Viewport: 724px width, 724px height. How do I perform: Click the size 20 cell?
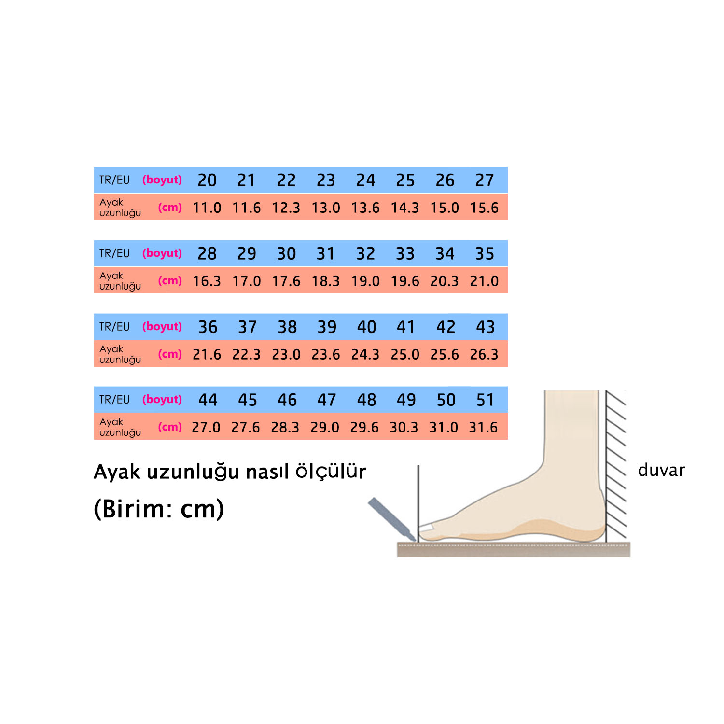(207, 181)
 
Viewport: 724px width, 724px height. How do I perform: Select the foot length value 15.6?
(484, 208)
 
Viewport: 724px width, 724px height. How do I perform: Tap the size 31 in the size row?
(326, 254)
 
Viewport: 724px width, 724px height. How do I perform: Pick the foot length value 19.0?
(365, 281)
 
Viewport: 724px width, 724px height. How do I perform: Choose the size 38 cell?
(287, 327)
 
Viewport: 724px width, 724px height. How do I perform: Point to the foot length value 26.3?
(484, 355)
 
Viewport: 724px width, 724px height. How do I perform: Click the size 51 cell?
(485, 400)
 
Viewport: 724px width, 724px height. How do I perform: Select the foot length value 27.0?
(206, 428)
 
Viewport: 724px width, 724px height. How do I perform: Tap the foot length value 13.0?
(326, 208)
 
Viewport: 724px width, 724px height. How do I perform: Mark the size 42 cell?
(446, 327)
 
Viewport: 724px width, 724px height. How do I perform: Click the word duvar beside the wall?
(661, 470)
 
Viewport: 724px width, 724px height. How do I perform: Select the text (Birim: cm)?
(159, 509)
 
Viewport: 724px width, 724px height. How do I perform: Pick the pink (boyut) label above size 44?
(162, 400)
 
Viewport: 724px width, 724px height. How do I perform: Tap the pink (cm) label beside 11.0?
(170, 208)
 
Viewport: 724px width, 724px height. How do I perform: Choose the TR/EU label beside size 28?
(115, 254)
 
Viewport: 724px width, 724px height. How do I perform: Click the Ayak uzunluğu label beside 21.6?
(120, 354)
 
